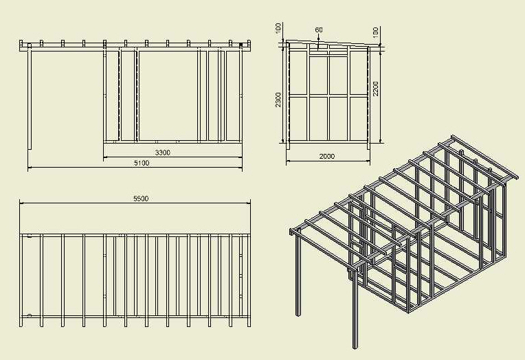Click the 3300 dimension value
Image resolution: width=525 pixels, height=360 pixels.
click(x=163, y=152)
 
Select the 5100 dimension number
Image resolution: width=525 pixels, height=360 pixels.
click(x=142, y=163)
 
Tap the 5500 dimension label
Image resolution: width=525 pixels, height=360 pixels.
click(x=140, y=199)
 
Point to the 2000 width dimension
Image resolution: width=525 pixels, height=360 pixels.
click(x=327, y=156)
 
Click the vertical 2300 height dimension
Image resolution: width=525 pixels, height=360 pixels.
click(x=278, y=100)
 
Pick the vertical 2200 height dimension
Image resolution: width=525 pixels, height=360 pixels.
click(x=376, y=88)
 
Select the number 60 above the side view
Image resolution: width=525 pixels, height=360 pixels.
click(x=319, y=30)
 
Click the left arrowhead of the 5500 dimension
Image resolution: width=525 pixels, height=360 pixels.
click(x=21, y=203)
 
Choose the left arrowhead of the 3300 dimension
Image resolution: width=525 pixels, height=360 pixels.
click(x=105, y=157)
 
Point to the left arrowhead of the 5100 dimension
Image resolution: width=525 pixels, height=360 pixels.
click(x=30, y=168)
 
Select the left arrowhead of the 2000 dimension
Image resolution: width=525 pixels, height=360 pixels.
click(x=288, y=161)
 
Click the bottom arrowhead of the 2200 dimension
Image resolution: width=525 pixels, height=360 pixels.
click(x=379, y=142)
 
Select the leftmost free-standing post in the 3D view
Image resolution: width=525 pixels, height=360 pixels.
click(x=298, y=275)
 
